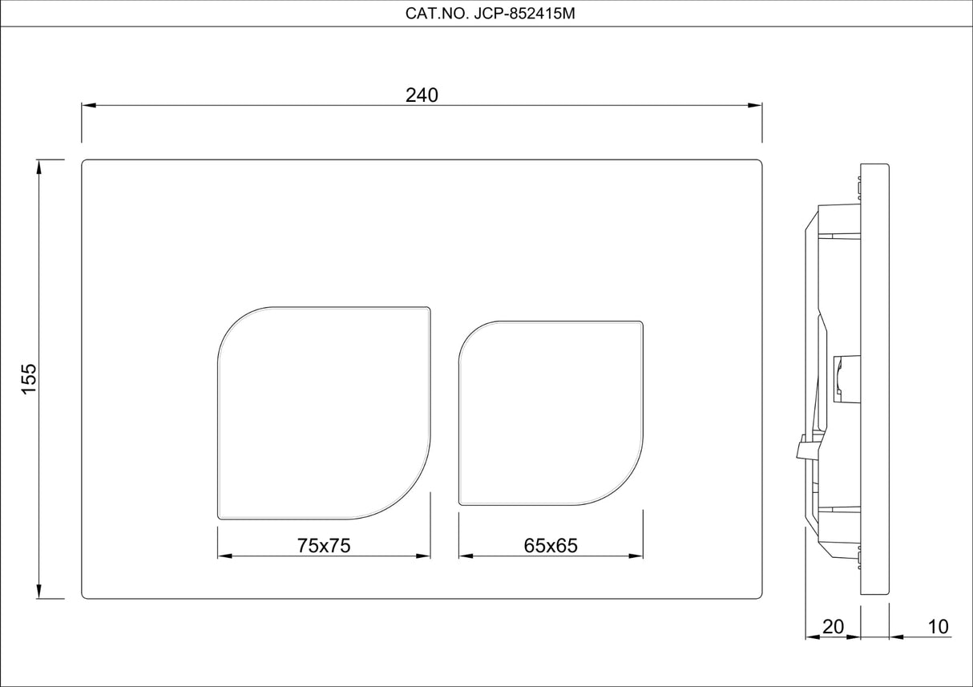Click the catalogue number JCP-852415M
tap(486, 14)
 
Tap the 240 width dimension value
tap(422, 95)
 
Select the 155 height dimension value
tap(29, 378)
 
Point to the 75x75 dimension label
tap(324, 545)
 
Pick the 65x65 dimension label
tap(551, 545)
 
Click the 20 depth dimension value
tap(833, 626)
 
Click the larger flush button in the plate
tap(325, 412)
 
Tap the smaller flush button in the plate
tap(551, 414)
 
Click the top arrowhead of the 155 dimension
tap(39, 166)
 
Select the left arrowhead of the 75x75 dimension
tap(224, 556)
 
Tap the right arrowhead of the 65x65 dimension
tap(637, 556)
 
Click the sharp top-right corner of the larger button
tap(429, 307)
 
